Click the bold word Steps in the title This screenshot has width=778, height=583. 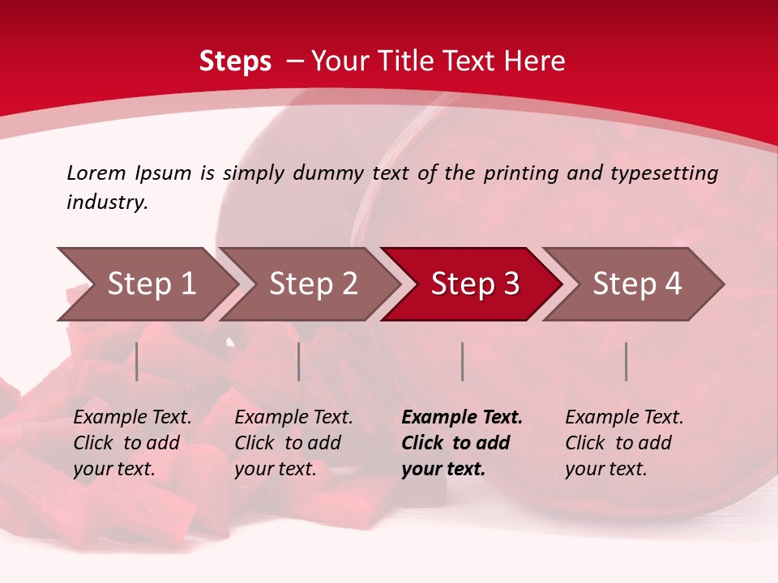(x=235, y=62)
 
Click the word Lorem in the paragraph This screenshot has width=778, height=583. (x=96, y=172)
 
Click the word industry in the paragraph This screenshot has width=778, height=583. (x=106, y=202)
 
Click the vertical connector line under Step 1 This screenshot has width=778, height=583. (x=137, y=361)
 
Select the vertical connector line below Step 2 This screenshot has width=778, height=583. (x=299, y=361)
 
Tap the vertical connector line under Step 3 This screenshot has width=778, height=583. (x=462, y=361)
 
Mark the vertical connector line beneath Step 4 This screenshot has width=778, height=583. (x=626, y=361)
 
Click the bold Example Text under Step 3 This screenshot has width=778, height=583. (x=462, y=418)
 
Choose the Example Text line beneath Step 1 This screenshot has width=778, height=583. (x=132, y=418)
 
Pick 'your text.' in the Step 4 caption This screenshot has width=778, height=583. (x=605, y=469)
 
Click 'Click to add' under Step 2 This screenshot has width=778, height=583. (x=288, y=443)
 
